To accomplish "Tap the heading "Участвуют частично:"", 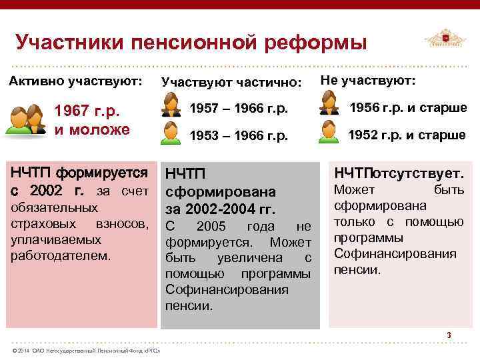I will point(231,83).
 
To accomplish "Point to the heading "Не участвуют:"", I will point(367,81).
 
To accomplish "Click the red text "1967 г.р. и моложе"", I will point(92,119).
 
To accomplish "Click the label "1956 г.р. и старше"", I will point(408,108).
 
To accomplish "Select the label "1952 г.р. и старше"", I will point(407,135).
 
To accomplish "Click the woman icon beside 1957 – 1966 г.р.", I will point(171,105).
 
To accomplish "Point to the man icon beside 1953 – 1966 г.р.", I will point(171,132).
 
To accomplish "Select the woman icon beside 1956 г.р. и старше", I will point(328,103).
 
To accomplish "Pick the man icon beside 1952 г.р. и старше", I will point(328,131).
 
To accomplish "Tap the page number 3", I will point(449,335).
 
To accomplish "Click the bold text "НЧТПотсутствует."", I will point(399,174).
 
